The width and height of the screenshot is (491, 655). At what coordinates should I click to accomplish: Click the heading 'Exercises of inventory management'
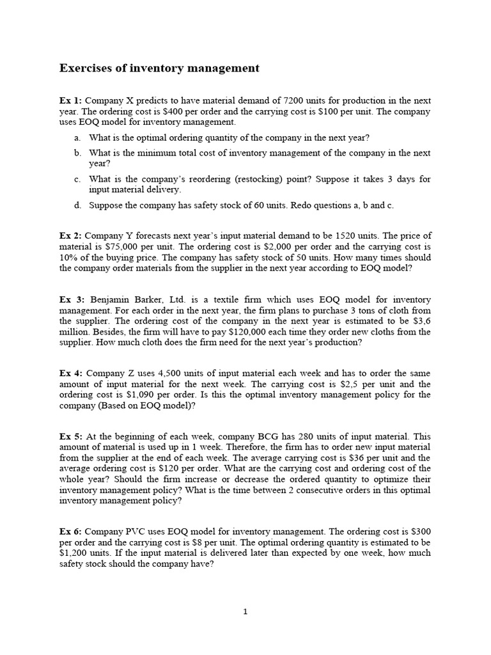159,68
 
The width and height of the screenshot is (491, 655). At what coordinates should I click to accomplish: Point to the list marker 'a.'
77,138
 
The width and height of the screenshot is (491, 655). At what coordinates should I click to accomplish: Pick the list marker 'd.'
77,205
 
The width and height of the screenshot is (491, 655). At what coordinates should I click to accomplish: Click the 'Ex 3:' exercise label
72,300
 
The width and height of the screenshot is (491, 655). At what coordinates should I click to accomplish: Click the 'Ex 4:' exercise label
71,374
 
